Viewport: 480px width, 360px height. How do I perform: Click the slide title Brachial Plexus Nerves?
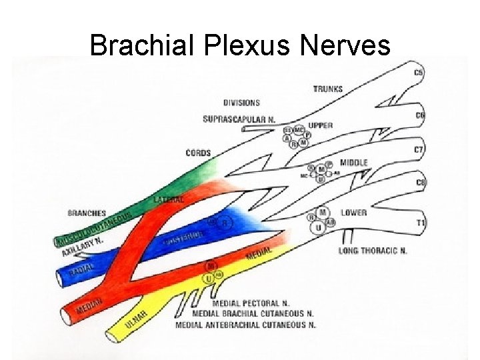tap(239, 45)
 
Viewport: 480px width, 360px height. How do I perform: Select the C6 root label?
tap(421, 115)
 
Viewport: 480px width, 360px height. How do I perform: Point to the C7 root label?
tap(419, 150)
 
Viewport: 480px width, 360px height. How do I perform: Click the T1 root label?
tap(421, 222)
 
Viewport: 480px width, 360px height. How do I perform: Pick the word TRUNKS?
tap(327, 89)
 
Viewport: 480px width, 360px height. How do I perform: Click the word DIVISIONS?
tap(241, 103)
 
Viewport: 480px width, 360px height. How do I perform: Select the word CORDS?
tap(198, 153)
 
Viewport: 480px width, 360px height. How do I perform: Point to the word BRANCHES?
tap(87, 213)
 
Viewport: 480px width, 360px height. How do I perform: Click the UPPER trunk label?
tap(320, 125)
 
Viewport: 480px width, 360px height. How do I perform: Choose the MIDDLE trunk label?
tap(353, 163)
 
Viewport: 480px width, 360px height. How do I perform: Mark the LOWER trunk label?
tap(353, 213)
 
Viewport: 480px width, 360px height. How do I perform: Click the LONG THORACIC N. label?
tap(373, 251)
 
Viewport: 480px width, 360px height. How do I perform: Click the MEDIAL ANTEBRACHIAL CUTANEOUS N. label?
tap(245, 325)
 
